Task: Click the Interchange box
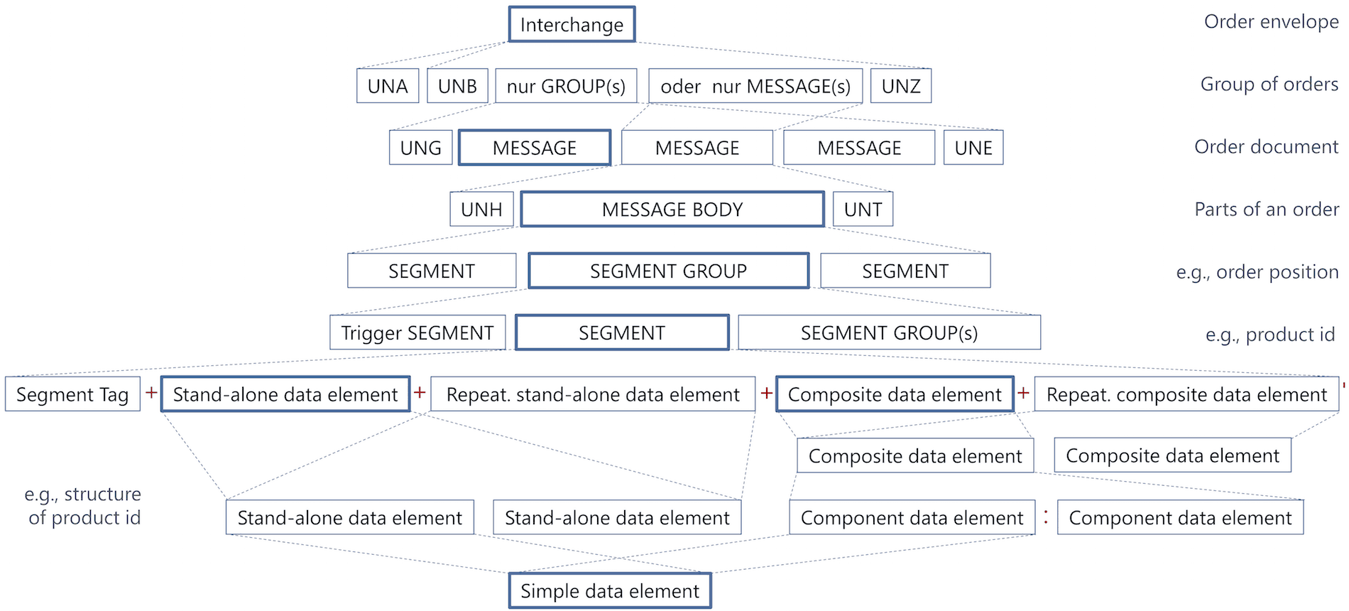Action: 572,25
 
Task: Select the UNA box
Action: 388,86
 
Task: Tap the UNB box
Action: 457,86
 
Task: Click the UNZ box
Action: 901,86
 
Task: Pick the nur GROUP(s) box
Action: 566,86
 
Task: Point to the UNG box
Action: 420,148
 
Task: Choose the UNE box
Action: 973,148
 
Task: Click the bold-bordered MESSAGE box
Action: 535,148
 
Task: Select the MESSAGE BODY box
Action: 672,210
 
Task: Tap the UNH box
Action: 481,210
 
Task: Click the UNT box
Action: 863,210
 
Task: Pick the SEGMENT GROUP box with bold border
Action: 668,271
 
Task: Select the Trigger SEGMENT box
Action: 417,332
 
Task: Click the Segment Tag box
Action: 72,394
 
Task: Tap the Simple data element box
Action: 610,590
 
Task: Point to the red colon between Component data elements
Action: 1046,517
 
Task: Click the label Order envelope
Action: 1271,22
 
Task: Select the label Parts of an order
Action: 1267,210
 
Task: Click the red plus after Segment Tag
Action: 151,392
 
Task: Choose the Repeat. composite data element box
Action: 1186,394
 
